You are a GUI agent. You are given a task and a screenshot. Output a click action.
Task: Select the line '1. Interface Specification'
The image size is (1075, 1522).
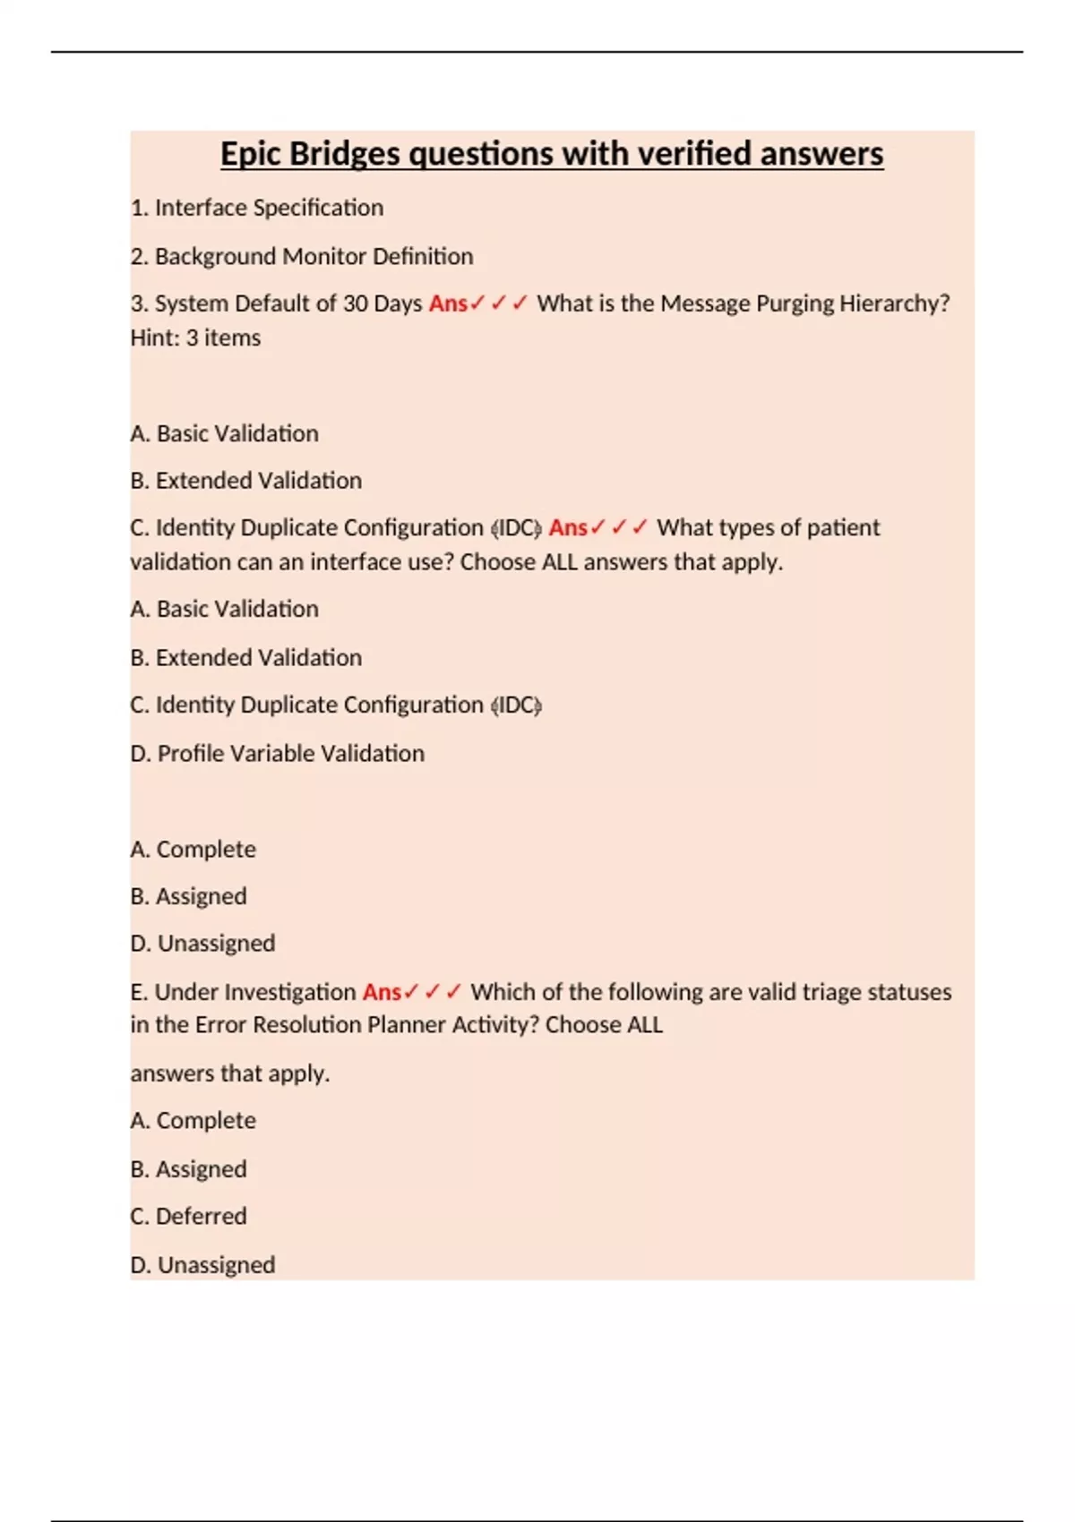click(257, 208)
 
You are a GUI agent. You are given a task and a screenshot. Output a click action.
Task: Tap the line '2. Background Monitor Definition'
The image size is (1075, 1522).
click(302, 256)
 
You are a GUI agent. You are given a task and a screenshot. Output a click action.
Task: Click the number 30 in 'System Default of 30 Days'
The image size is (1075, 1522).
click(355, 304)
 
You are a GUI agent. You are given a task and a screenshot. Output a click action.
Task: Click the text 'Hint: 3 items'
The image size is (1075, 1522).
click(195, 338)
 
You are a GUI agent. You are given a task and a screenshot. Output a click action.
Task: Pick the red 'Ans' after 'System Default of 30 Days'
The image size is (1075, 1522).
click(448, 304)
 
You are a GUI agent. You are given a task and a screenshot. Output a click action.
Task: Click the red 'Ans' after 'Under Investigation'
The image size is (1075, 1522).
click(382, 992)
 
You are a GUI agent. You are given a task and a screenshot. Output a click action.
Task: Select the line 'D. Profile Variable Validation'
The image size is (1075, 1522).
click(278, 753)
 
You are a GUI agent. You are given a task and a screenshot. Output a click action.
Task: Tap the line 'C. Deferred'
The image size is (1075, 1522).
click(188, 1216)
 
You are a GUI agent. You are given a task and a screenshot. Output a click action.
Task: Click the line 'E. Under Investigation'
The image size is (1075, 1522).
click(243, 992)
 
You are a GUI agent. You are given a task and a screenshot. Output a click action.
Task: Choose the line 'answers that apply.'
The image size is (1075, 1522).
click(230, 1073)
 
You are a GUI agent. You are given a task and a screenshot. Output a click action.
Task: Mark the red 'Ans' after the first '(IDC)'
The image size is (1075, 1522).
click(568, 527)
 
